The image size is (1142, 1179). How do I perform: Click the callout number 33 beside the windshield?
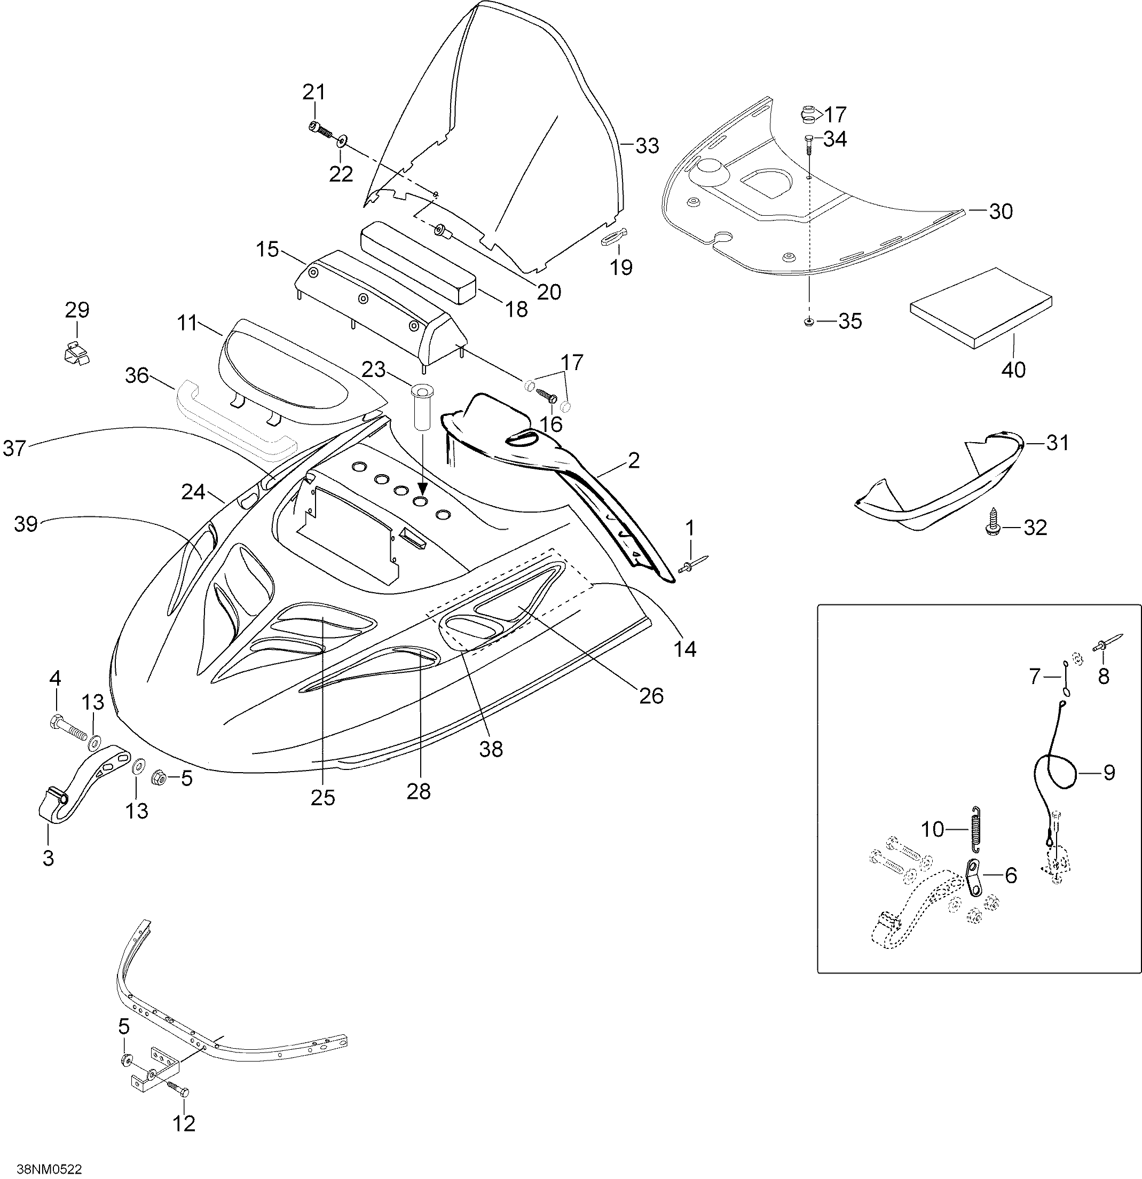pos(647,146)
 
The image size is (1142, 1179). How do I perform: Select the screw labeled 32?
pos(991,520)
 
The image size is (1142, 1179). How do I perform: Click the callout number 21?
pos(313,92)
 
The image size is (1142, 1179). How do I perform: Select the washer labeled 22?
pos(342,142)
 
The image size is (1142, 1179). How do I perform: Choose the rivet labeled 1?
pos(694,565)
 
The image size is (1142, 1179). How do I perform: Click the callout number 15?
pos(267,249)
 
